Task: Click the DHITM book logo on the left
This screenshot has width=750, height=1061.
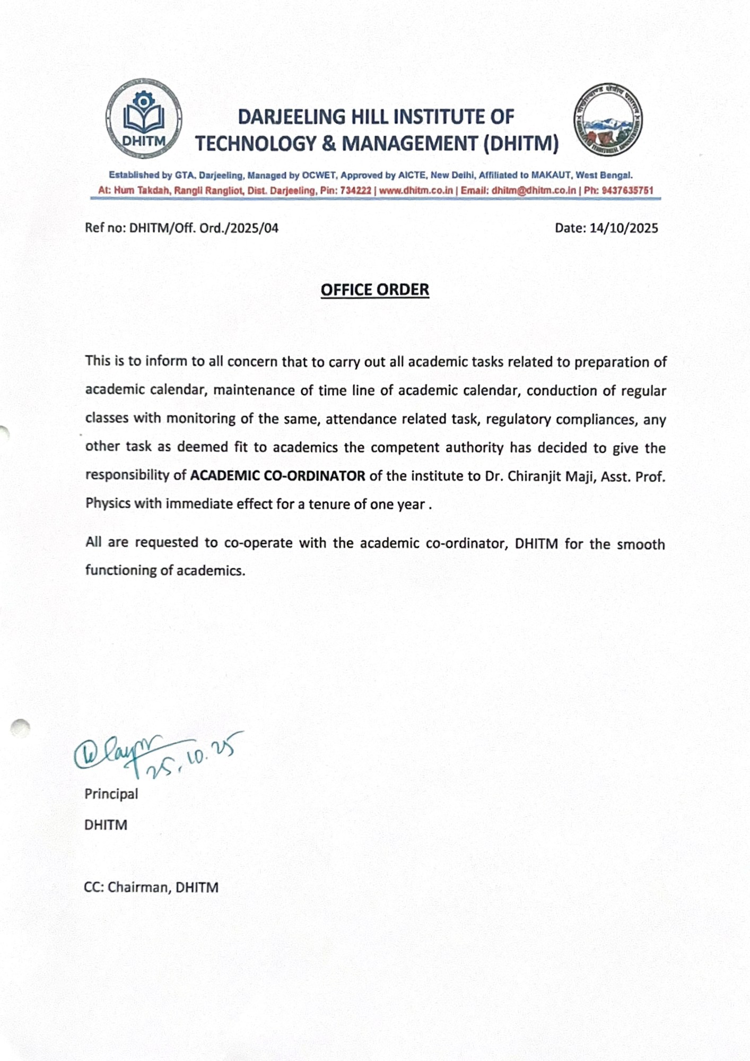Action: coord(144,118)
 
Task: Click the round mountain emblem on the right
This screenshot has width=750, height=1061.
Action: coord(607,119)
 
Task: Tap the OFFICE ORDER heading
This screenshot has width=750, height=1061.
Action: coord(374,290)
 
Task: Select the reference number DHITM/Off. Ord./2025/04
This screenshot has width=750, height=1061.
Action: coord(204,228)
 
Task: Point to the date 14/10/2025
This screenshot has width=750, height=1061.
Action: coord(624,228)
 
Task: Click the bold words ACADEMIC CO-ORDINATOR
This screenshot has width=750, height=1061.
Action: coord(277,475)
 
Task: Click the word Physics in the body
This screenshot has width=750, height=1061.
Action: coord(108,503)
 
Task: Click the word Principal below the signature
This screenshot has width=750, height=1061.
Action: coord(111,794)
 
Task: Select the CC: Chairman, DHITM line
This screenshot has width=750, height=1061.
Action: coord(151,888)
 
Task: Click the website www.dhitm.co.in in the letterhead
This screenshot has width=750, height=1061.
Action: coord(416,190)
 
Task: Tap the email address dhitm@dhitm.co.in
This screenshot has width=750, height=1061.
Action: coord(534,190)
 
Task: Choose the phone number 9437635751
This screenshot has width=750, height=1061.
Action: coord(627,190)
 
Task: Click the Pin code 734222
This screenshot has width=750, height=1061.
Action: coord(356,190)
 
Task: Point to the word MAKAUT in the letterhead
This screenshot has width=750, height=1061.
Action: coord(551,175)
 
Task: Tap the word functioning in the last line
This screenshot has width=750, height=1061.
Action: coord(121,570)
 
